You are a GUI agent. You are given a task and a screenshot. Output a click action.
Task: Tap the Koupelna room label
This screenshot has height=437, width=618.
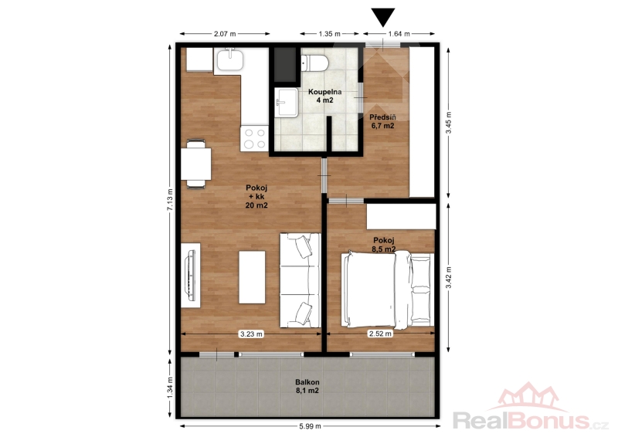[324, 92]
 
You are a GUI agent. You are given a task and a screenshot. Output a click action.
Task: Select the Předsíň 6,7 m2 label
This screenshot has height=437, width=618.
[382, 121]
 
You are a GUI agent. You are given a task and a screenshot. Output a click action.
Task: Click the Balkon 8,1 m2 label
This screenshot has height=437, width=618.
[307, 386]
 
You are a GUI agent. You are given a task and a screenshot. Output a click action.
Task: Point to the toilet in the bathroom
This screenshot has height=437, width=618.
[314, 63]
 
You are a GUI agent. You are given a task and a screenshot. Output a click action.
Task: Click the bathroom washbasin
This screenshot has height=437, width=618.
[287, 103]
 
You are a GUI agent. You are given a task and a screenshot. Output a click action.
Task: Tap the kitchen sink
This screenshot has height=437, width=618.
[229, 59]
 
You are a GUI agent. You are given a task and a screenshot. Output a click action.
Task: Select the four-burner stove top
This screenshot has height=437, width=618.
[254, 138]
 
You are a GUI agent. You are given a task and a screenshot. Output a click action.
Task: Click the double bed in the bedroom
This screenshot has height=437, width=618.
[388, 290]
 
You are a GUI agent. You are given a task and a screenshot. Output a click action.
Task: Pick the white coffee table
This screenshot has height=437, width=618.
[252, 277]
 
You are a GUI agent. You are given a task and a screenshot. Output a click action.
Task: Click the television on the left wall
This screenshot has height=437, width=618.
[191, 276]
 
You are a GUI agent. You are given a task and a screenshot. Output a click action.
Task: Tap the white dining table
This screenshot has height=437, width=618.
[196, 164]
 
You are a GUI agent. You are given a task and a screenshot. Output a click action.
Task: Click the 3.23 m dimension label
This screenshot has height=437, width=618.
[251, 334]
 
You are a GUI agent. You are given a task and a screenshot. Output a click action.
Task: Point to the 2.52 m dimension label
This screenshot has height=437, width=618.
[380, 334]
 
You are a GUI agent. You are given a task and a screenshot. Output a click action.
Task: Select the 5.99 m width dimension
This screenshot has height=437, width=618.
[310, 426]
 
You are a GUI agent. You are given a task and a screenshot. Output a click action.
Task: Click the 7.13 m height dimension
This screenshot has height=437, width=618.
[170, 199]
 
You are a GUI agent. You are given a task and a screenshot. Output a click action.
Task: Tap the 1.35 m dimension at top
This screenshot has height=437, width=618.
[330, 34]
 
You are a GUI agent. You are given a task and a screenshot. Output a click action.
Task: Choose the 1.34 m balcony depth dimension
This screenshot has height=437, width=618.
[170, 388]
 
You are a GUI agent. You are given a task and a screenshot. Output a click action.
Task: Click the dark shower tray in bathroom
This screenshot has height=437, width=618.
[285, 65]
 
